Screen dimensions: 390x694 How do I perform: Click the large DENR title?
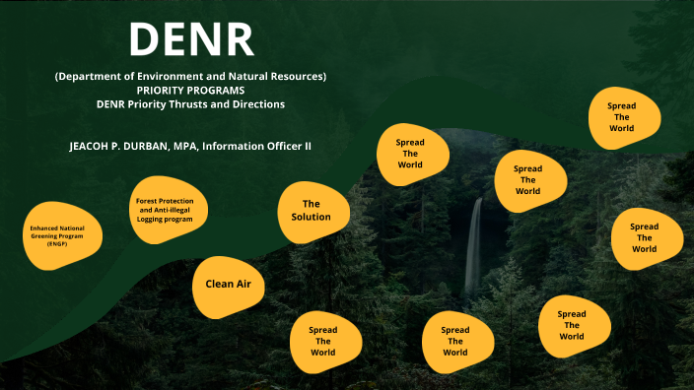click(191, 38)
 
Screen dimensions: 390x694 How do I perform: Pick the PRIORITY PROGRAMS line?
click(191, 90)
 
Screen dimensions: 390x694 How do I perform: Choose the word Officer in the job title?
click(289, 146)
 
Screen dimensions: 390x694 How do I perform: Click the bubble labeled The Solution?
click(311, 211)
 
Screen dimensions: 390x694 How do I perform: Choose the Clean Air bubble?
click(228, 284)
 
